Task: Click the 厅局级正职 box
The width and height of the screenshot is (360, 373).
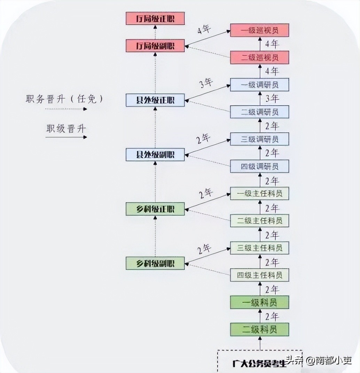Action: (x=155, y=19)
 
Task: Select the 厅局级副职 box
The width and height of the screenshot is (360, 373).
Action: (x=155, y=46)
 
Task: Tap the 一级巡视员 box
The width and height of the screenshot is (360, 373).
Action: (x=259, y=30)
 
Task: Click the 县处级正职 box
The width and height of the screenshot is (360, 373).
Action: (x=155, y=100)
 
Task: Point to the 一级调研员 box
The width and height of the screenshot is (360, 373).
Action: (x=259, y=85)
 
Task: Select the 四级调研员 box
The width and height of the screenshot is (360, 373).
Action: (x=259, y=166)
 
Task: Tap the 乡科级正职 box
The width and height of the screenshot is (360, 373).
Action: (x=155, y=209)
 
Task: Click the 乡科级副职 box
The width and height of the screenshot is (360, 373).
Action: (x=155, y=263)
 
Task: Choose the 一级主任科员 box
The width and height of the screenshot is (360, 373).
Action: (x=259, y=193)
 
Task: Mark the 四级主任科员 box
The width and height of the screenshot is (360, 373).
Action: (x=259, y=275)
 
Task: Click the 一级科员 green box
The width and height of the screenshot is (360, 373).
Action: (x=259, y=302)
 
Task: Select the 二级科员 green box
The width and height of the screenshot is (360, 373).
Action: (x=259, y=329)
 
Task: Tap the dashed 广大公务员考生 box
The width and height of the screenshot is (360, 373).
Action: (x=259, y=362)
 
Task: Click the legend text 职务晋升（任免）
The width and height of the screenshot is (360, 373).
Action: (x=64, y=99)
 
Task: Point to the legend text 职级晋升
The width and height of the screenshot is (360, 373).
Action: (x=66, y=129)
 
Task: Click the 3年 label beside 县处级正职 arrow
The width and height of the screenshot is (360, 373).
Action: (x=206, y=83)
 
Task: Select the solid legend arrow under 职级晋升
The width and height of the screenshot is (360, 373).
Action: (x=66, y=137)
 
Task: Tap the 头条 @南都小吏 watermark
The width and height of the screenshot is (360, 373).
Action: (x=318, y=360)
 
